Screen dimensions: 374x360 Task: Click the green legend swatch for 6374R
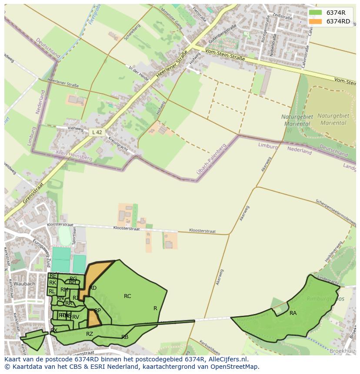tap(316, 13)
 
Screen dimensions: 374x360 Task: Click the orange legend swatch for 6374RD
tap(316, 21)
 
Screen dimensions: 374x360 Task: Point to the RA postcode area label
tap(293, 313)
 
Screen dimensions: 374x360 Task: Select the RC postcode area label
tap(127, 296)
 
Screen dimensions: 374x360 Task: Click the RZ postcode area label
tap(90, 334)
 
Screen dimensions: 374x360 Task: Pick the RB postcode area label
tap(125, 337)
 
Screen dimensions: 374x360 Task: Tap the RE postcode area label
tap(53, 276)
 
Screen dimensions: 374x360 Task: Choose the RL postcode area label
tap(52, 291)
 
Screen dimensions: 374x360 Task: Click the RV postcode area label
tap(76, 317)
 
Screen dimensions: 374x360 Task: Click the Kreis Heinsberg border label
tap(74, 156)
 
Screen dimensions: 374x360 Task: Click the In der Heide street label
tap(139, 73)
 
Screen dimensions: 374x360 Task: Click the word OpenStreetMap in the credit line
tap(235, 367)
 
